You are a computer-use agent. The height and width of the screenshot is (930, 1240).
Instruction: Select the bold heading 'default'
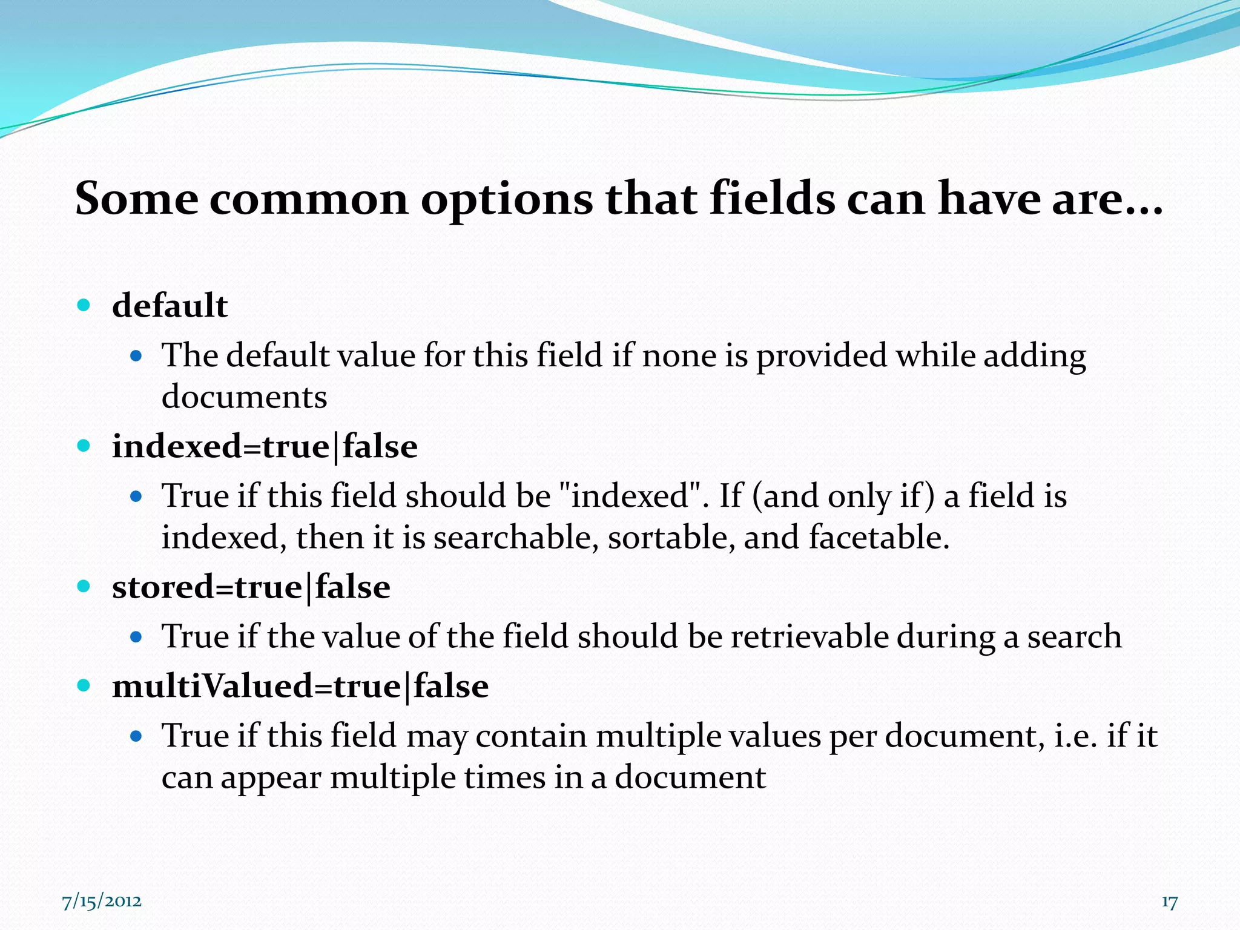(x=170, y=305)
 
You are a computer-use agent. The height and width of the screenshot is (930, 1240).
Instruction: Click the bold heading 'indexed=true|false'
(x=265, y=447)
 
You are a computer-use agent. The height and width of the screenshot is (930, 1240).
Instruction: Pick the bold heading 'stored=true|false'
(x=251, y=587)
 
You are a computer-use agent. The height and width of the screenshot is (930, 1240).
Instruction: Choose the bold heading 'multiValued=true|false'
(x=300, y=687)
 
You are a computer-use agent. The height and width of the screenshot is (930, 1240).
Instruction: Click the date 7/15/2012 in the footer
(x=102, y=902)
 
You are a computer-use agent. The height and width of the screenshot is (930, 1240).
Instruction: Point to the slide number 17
(x=1169, y=902)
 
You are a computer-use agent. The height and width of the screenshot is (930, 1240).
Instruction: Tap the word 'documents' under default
(x=244, y=397)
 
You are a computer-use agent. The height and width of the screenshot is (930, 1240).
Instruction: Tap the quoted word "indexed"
(x=632, y=496)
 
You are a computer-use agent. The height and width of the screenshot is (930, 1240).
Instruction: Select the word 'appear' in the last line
(x=271, y=779)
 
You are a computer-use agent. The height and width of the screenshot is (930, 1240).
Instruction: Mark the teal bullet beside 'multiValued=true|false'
(x=84, y=685)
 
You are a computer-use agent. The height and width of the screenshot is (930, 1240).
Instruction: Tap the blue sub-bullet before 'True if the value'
(x=136, y=637)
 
